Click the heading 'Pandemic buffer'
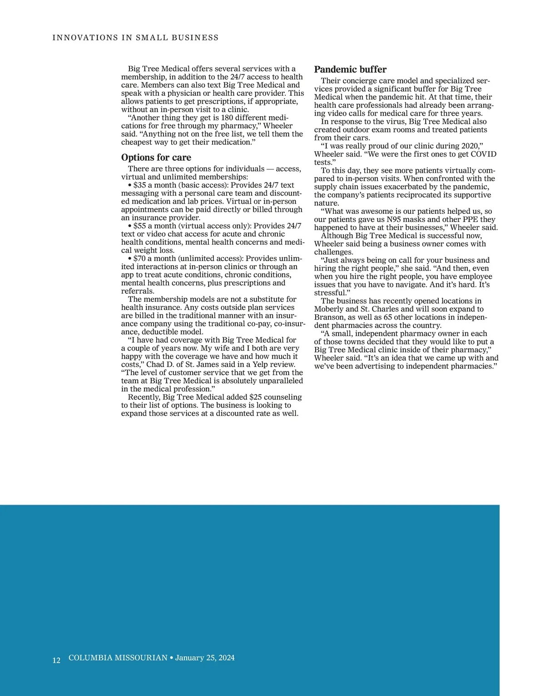point(350,69)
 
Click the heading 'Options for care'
point(156,158)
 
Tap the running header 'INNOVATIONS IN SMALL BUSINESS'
point(135,38)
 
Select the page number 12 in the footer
point(56,660)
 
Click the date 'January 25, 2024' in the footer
point(205,658)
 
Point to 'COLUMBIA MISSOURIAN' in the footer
point(118,658)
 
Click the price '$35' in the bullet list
point(140,185)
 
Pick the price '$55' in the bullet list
point(140,226)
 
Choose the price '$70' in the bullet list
point(140,259)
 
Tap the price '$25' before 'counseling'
point(256,397)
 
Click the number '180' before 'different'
point(227,118)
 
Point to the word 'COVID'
point(484,154)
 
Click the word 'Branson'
point(329,317)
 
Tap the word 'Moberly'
point(329,309)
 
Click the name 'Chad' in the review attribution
point(155,365)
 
